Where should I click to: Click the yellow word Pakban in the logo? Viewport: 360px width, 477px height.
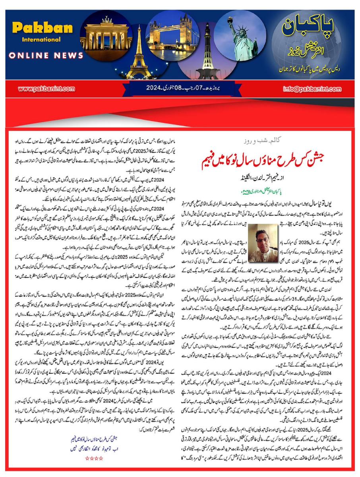[43, 28]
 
